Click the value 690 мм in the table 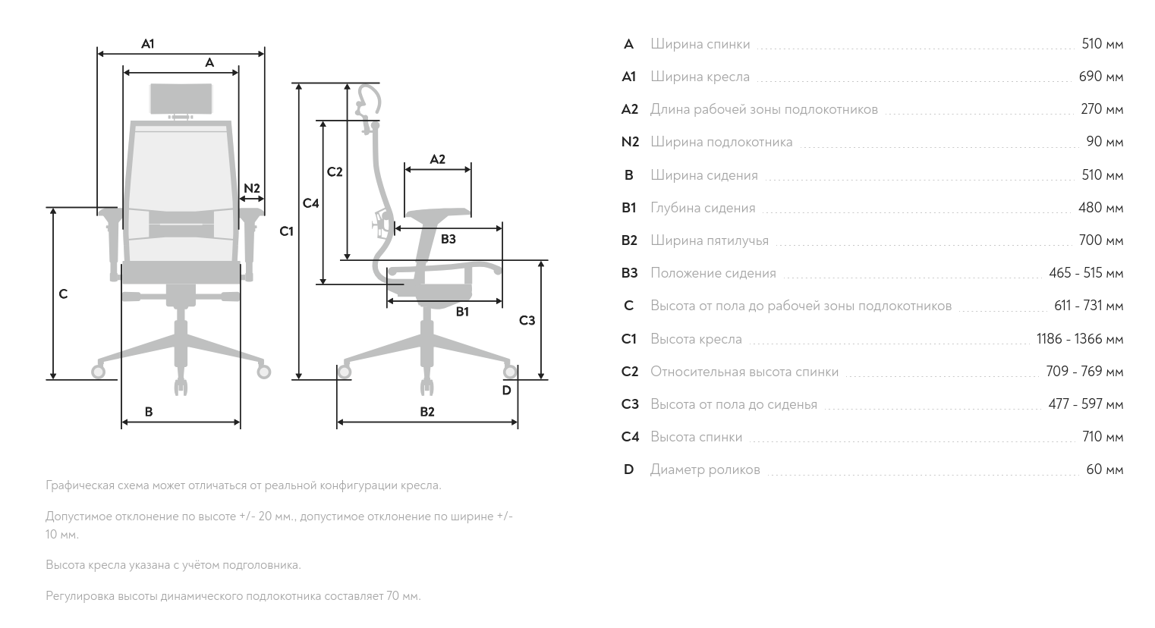click(1100, 77)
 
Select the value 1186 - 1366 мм click(1079, 339)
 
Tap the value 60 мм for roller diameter click(1104, 469)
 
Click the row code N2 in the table click(630, 142)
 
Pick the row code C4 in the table click(630, 437)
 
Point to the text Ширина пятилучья click(709, 240)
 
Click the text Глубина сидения click(703, 208)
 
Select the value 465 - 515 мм click(1086, 273)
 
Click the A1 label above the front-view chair click(148, 44)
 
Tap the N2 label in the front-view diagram click(252, 188)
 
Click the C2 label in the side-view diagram click(335, 172)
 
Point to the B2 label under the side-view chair click(427, 412)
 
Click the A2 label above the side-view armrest click(438, 159)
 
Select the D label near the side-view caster click(506, 391)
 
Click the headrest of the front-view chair click(181, 98)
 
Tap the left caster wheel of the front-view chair click(98, 371)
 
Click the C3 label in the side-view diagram click(527, 321)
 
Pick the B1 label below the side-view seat click(462, 311)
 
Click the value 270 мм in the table click(1102, 109)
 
